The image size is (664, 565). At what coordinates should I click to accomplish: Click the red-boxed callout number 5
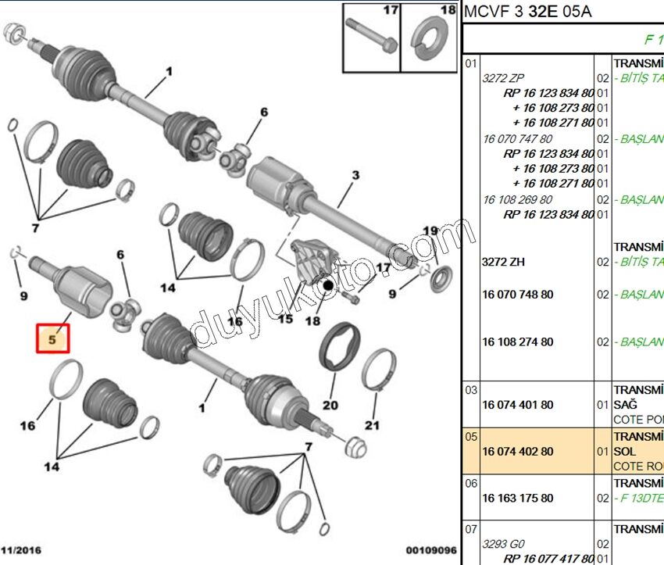[x=52, y=340]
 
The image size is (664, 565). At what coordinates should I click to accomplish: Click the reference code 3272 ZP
[x=504, y=78]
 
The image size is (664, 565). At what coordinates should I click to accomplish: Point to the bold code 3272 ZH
[x=503, y=262]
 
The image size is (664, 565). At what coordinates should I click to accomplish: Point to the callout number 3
[x=355, y=176]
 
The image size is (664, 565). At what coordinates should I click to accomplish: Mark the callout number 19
[x=430, y=231]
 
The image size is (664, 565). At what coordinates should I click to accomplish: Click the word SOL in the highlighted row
[x=625, y=452]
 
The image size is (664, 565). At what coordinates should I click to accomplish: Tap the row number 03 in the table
[x=470, y=389]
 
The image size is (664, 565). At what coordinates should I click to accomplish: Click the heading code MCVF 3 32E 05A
[x=527, y=12]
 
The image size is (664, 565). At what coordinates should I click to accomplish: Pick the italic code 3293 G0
[x=503, y=544]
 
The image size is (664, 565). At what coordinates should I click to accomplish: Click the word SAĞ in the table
[x=626, y=405]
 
